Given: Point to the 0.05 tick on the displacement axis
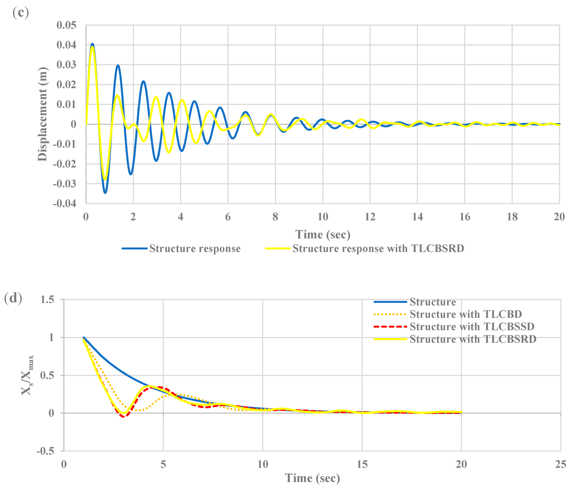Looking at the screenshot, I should pyautogui.click(x=66, y=25).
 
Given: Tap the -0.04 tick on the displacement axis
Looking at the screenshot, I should pyautogui.click(x=65, y=204).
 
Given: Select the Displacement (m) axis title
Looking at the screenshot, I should pyautogui.click(x=43, y=114).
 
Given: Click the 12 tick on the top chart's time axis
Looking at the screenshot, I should pyautogui.click(x=370, y=217).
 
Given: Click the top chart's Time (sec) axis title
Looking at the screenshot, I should pyautogui.click(x=323, y=235).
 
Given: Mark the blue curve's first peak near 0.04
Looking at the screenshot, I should pyautogui.click(x=92, y=44).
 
